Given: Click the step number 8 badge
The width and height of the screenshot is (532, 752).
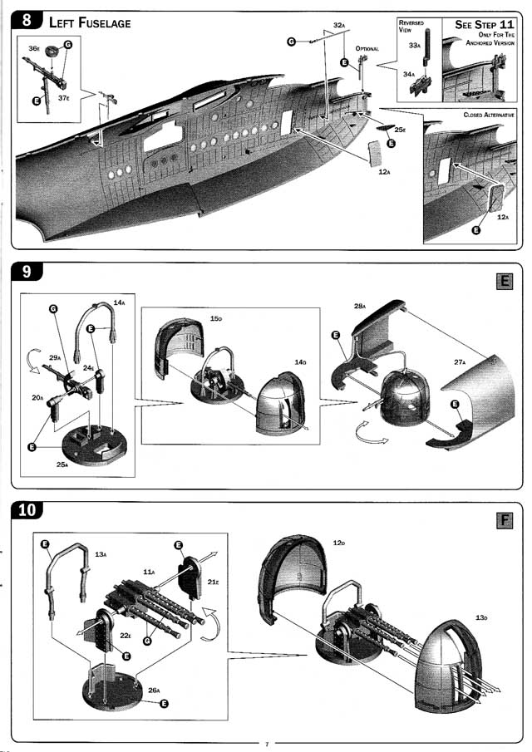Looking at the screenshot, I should [x=29, y=21].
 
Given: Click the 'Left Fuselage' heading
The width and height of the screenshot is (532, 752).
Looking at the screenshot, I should [x=90, y=22].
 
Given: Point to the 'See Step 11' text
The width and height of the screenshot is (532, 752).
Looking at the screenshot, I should [x=484, y=25].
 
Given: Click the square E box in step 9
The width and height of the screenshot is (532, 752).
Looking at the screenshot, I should [x=504, y=283].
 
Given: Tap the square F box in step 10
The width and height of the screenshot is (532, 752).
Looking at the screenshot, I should [x=504, y=521].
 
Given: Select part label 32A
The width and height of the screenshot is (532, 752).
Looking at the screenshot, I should [x=339, y=26].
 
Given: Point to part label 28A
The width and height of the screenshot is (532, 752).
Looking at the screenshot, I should [x=360, y=307].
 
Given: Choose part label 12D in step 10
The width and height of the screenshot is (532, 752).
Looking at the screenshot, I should [x=338, y=543].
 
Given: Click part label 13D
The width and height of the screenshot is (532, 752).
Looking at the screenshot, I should [x=481, y=617].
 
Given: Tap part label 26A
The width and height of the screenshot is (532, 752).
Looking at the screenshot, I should [x=155, y=690].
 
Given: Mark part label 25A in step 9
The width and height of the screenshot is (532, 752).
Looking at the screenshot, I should [x=62, y=464].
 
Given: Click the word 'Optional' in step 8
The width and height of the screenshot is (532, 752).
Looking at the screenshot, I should [x=367, y=49].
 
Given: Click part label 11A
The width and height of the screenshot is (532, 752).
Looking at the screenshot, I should [x=149, y=572].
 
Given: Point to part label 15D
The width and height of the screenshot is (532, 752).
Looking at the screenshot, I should [x=216, y=318].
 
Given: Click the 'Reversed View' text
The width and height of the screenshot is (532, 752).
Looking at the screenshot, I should [x=411, y=26].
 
